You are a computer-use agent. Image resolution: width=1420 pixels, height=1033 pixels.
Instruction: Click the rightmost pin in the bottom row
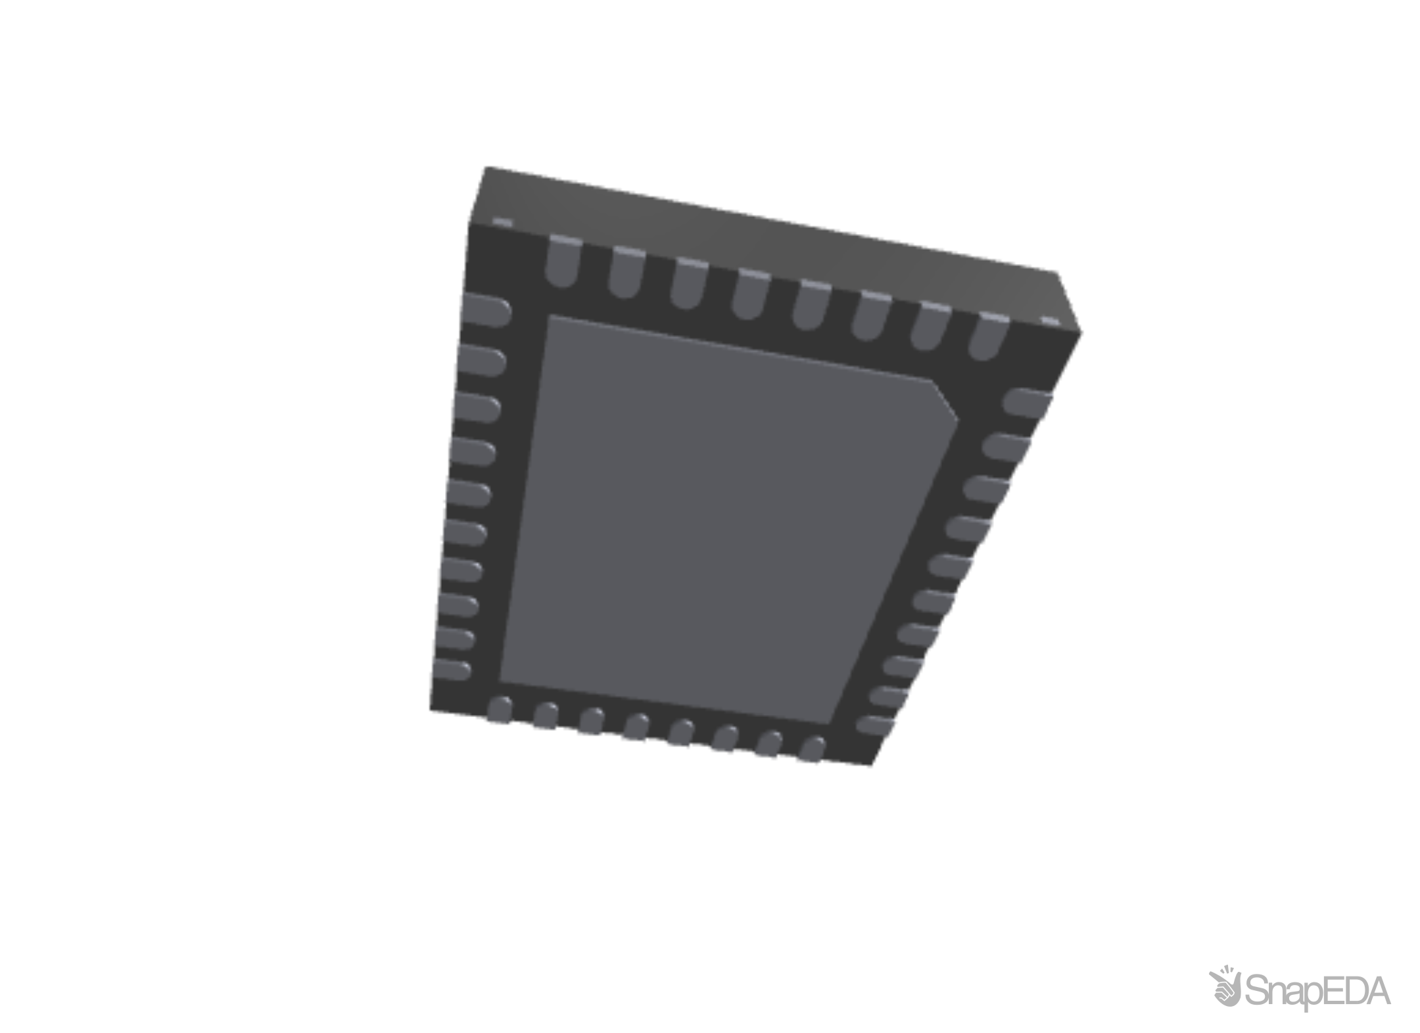(x=813, y=750)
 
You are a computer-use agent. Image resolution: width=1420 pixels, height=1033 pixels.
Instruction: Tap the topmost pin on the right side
(x=1029, y=402)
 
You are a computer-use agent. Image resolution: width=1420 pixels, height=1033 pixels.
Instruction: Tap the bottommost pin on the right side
(x=877, y=724)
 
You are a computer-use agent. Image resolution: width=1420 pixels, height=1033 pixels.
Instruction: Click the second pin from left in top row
(x=626, y=271)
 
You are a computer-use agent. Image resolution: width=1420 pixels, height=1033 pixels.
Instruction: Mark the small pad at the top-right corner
(x=1049, y=321)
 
